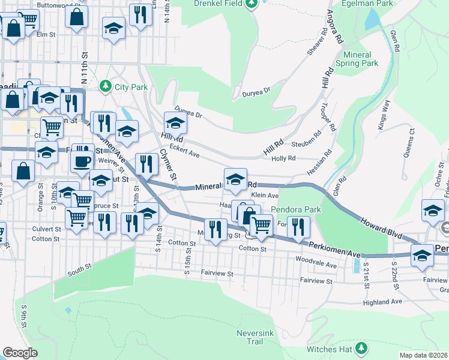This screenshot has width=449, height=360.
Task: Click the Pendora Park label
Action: (296, 210)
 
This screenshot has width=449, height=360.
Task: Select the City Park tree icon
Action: (106, 87)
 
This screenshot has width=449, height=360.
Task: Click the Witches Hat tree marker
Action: (361, 348)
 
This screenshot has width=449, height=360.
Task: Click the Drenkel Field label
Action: (218, 3)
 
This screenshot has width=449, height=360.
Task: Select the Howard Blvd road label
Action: (381, 226)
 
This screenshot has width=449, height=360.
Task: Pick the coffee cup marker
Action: (82, 161)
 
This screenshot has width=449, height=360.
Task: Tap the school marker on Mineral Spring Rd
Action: (235, 179)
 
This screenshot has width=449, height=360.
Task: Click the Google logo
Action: (20, 353)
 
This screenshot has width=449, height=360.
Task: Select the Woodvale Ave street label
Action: (316, 263)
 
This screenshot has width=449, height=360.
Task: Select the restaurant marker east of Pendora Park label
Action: (297, 226)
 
